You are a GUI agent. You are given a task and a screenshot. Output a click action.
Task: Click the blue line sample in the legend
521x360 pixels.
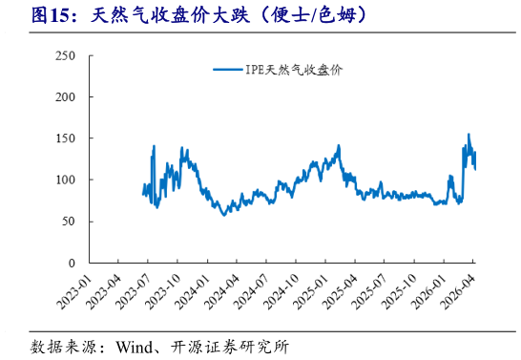(x=227, y=70)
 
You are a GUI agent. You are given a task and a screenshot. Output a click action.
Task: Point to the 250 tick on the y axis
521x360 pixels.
(x=66, y=56)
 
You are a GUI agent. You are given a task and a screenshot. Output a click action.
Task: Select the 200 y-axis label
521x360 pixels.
(x=66, y=97)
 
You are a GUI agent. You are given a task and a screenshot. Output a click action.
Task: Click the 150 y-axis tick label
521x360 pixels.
(x=66, y=138)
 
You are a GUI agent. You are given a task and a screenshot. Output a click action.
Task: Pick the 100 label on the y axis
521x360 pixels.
(x=66, y=180)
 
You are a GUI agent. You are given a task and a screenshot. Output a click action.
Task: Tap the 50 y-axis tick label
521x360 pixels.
(x=69, y=222)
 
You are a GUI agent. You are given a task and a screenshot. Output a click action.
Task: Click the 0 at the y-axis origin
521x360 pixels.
(x=73, y=263)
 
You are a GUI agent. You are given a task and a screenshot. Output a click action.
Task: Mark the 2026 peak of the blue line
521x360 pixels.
(x=468, y=135)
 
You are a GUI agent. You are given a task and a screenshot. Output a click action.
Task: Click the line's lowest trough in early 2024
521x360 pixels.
(x=224, y=215)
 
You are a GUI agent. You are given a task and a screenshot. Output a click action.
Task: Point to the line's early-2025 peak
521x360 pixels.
(x=338, y=145)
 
